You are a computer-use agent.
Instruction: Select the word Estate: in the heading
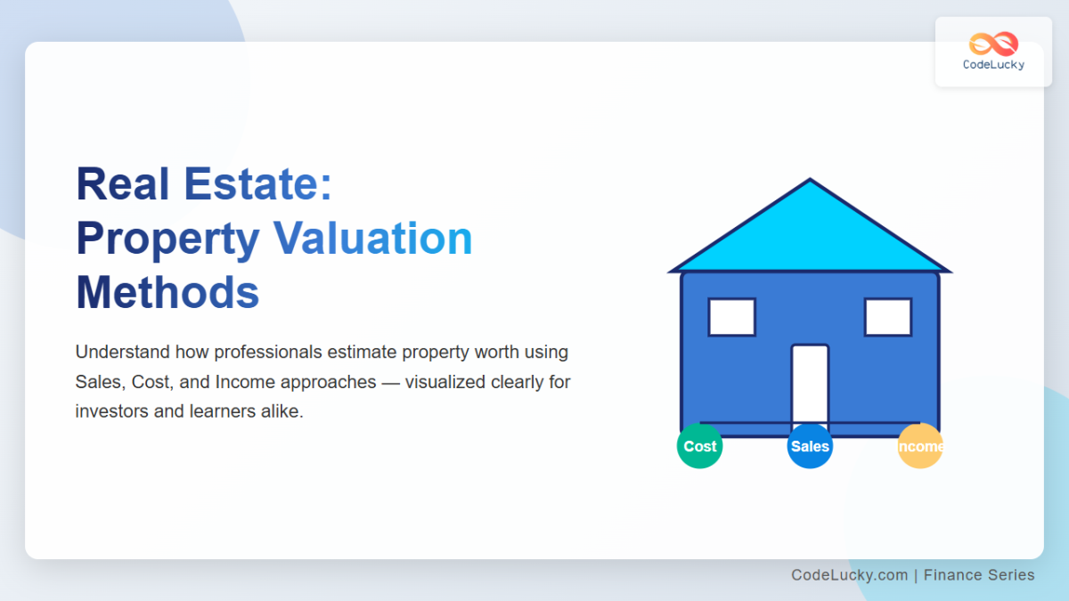click(257, 184)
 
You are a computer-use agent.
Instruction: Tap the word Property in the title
click(167, 239)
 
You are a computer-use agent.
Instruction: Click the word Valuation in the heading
click(372, 239)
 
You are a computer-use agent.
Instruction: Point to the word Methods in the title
click(167, 293)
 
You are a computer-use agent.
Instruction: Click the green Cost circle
click(699, 446)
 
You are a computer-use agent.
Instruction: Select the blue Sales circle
click(810, 446)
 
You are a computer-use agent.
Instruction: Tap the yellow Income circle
click(920, 446)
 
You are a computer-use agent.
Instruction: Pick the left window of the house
click(731, 317)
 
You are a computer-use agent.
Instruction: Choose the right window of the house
click(887, 317)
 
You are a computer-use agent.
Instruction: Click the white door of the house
click(810, 383)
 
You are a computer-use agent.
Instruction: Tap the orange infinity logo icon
click(993, 44)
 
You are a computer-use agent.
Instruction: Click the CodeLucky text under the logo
click(993, 65)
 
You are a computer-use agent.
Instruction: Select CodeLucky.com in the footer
click(849, 575)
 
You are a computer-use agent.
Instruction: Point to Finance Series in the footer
click(979, 575)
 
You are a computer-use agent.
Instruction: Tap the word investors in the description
click(113, 412)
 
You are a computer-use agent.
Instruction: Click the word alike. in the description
click(281, 412)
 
